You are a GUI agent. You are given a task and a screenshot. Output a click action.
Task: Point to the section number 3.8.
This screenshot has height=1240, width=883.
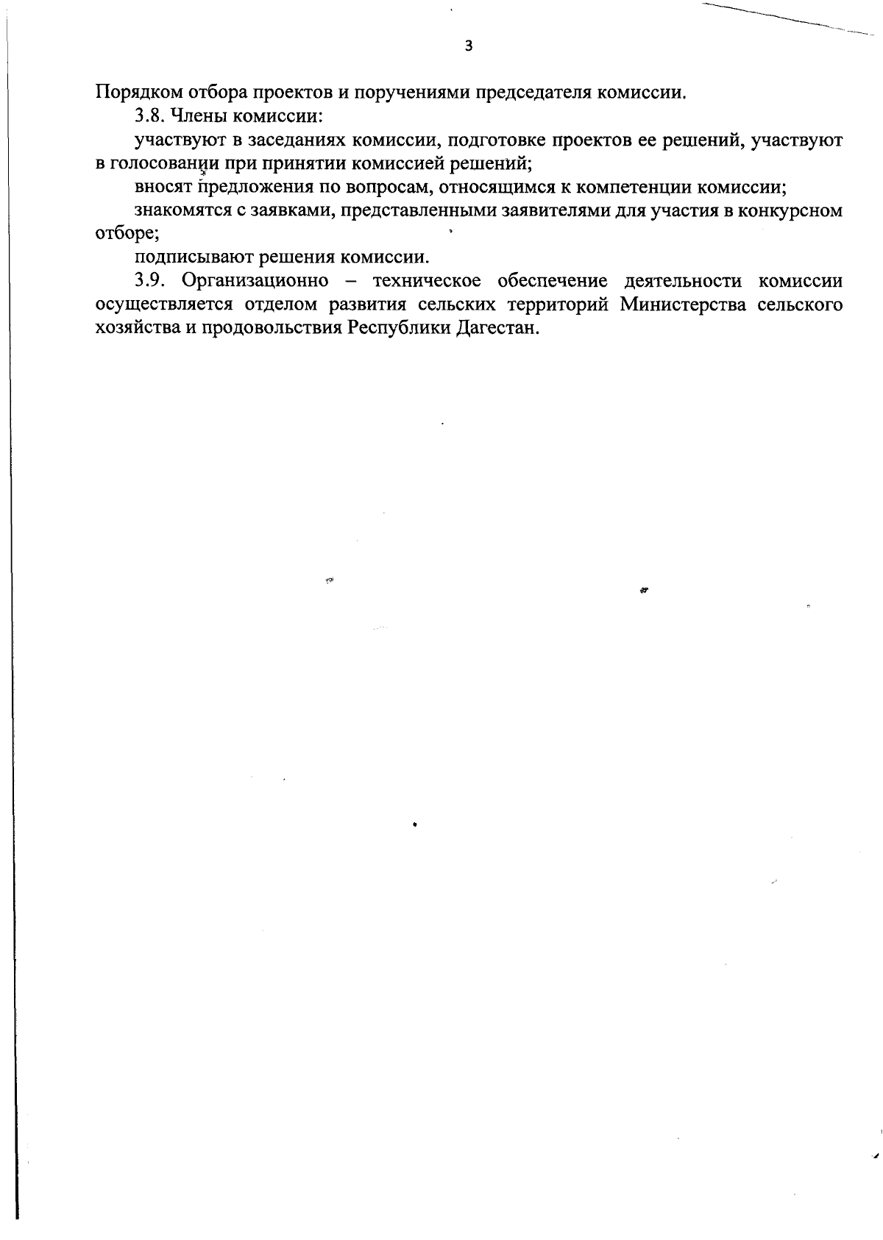click(149, 116)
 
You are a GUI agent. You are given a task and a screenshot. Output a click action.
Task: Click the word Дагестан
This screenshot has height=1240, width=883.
click(497, 328)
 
